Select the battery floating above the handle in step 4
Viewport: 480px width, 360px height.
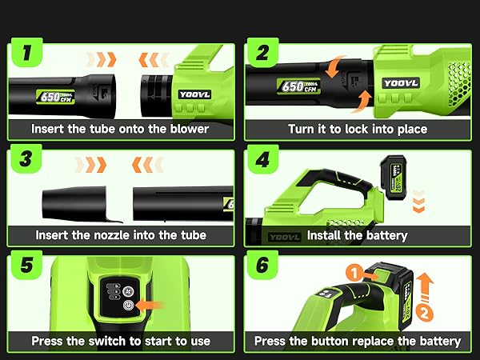[398, 176]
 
